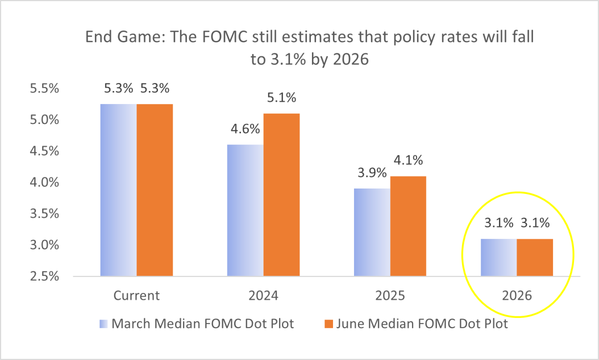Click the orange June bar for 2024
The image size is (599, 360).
281,195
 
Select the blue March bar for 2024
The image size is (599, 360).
245,210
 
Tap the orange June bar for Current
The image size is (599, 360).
154,190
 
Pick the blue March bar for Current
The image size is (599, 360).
118,190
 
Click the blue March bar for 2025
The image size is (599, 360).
372,232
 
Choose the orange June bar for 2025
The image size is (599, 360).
408,226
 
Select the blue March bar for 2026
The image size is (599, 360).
498,257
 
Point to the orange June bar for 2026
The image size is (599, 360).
534,257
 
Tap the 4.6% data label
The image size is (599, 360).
245,129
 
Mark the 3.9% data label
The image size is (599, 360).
372,173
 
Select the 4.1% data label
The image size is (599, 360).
408,160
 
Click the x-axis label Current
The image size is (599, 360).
136,295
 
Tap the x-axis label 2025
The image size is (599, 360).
390,295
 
